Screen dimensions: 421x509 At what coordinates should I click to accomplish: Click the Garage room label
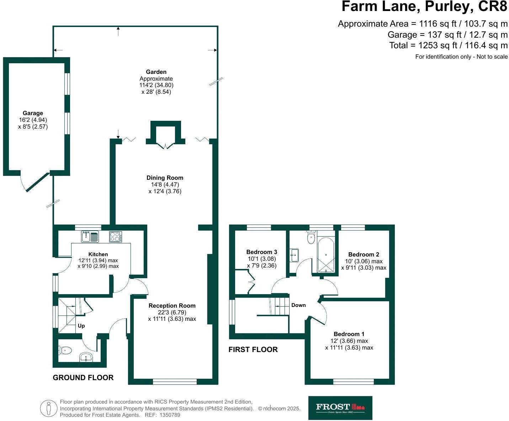(33, 113)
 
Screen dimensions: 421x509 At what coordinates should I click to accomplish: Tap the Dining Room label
(165, 178)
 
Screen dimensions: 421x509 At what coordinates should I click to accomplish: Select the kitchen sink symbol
(90, 237)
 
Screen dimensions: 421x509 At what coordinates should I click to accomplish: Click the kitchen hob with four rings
(116, 237)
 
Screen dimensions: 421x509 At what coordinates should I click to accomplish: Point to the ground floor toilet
(66, 351)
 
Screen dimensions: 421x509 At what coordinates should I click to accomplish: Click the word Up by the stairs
(81, 326)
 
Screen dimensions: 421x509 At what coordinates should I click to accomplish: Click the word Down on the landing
(298, 305)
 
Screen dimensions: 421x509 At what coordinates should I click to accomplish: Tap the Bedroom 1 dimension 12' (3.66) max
(349, 341)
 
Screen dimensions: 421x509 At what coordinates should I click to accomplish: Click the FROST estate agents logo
(340, 408)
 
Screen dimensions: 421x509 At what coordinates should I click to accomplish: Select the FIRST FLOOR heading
(253, 350)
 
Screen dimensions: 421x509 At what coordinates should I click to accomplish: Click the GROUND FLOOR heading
(83, 378)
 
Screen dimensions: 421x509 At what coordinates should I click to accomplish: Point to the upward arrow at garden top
(118, 31)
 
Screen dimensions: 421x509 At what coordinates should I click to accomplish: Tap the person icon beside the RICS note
(48, 409)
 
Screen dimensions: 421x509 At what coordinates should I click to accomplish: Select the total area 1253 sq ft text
(449, 45)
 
